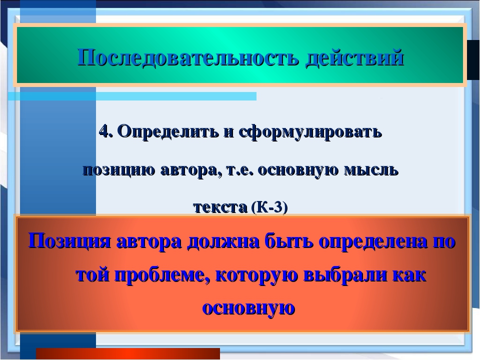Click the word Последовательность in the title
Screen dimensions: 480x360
point(187,57)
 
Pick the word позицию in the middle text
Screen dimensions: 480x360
point(119,170)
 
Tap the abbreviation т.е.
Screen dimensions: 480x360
point(240,170)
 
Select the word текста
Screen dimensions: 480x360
point(220,207)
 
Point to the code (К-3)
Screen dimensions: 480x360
point(269,207)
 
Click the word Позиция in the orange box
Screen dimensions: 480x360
point(69,241)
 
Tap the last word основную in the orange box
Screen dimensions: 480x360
point(248,308)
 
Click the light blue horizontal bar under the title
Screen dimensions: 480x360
point(132,96)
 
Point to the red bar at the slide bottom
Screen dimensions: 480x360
point(128,353)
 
